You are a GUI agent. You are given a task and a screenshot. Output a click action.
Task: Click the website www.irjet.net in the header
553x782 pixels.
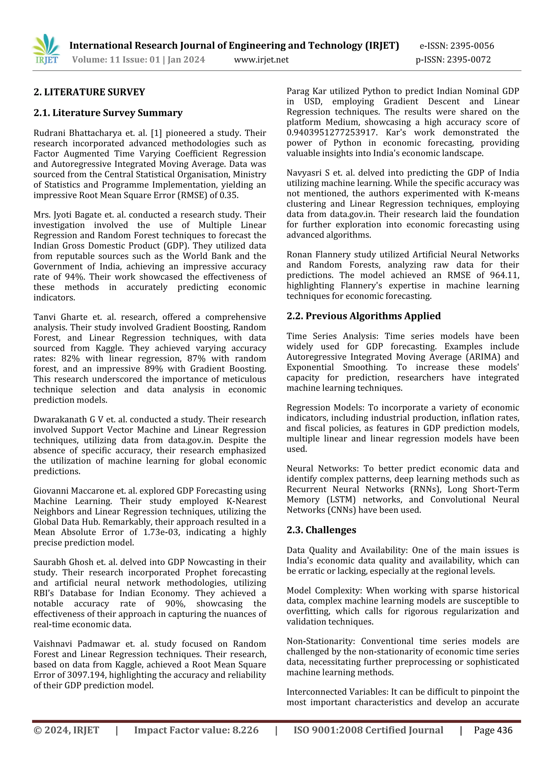[x=261, y=60]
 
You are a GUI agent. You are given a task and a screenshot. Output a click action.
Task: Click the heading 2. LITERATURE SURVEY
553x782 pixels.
[x=89, y=92]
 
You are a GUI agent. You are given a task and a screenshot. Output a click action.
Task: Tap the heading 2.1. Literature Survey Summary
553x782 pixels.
[x=108, y=113]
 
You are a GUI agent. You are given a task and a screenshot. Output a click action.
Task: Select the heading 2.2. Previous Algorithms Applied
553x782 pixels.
[x=363, y=316]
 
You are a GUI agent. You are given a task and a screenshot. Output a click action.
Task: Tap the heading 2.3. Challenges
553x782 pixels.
[x=321, y=530]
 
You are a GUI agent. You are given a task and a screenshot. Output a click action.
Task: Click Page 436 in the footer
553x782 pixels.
[x=493, y=730]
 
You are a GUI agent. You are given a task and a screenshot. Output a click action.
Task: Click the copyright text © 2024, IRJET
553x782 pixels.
[x=66, y=730]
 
